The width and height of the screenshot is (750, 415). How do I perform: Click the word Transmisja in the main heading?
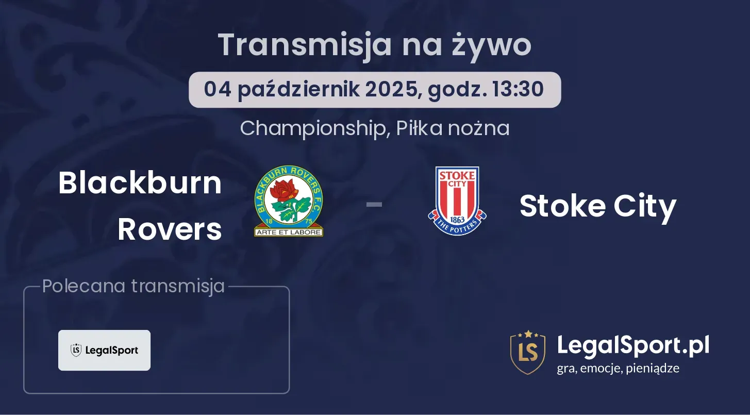[x=305, y=45]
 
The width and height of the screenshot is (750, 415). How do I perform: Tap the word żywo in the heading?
[x=492, y=45]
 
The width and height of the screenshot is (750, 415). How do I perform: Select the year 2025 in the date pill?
[x=392, y=89]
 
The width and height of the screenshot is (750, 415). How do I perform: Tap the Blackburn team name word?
[x=140, y=183]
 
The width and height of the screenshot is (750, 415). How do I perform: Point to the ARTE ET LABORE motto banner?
[x=289, y=232]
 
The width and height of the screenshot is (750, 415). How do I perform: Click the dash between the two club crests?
[x=374, y=204]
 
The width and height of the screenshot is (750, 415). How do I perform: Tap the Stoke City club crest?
[x=457, y=201]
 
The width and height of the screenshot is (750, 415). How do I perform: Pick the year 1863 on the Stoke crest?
[x=457, y=220]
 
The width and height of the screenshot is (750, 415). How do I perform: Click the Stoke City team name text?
[x=598, y=206]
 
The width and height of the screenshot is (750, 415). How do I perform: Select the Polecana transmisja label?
[x=134, y=286]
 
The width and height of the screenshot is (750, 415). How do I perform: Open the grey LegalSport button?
[x=104, y=350]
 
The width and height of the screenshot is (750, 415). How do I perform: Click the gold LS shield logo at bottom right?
[x=528, y=352]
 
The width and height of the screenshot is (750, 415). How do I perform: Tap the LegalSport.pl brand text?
[x=633, y=345]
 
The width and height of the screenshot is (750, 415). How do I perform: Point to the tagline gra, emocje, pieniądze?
[x=618, y=369]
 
